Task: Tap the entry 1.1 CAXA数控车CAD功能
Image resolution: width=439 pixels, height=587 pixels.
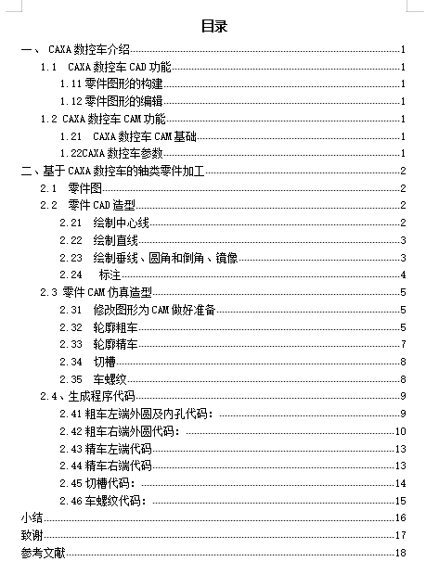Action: pyautogui.click(x=106, y=68)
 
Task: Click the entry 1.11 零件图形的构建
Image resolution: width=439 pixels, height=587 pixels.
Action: pyautogui.click(x=110, y=84)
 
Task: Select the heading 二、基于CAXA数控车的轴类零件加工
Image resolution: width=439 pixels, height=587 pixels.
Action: pyautogui.click(x=119, y=171)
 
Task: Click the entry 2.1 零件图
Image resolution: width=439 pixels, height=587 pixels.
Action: pyautogui.click(x=66, y=188)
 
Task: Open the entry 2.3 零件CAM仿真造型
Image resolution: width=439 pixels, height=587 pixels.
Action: pyautogui.click(x=97, y=292)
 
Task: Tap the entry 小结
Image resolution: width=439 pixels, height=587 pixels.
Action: pyautogui.click(x=32, y=517)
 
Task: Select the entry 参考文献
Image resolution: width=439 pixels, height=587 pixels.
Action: pyautogui.click(x=43, y=553)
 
